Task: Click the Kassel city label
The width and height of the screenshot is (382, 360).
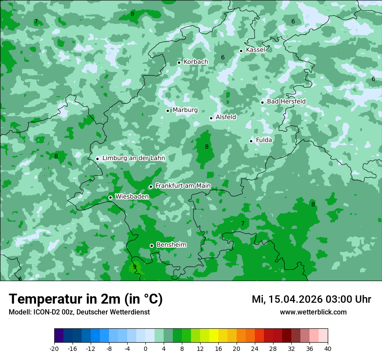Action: [255, 50]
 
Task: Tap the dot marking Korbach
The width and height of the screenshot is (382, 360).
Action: [179, 62]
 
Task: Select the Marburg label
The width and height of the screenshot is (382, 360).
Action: [185, 110]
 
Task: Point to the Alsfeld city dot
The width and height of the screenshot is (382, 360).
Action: [211, 118]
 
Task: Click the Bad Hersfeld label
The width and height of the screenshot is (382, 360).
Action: [286, 101]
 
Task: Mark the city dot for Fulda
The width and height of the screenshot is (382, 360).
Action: [251, 141]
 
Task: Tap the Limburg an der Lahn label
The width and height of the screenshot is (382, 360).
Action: [133, 158]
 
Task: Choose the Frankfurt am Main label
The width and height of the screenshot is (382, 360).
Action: [183, 186]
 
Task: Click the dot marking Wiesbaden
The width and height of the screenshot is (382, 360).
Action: [110, 198]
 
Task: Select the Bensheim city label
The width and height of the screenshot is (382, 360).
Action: [171, 245]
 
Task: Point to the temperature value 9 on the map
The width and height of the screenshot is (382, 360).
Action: [135, 266]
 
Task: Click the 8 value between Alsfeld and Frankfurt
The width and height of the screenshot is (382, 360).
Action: [207, 147]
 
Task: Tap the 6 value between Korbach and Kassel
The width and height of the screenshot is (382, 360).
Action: [223, 57]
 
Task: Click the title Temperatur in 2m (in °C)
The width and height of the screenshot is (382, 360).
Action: [86, 299]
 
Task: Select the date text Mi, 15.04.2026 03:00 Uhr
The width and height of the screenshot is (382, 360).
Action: [311, 299]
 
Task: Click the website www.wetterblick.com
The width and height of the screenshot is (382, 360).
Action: [313, 312]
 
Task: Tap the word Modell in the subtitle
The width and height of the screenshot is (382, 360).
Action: [19, 312]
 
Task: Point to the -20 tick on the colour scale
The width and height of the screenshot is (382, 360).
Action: [54, 349]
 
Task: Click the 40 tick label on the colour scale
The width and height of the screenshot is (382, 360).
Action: [327, 349]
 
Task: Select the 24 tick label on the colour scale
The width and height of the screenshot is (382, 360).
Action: [254, 349]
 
